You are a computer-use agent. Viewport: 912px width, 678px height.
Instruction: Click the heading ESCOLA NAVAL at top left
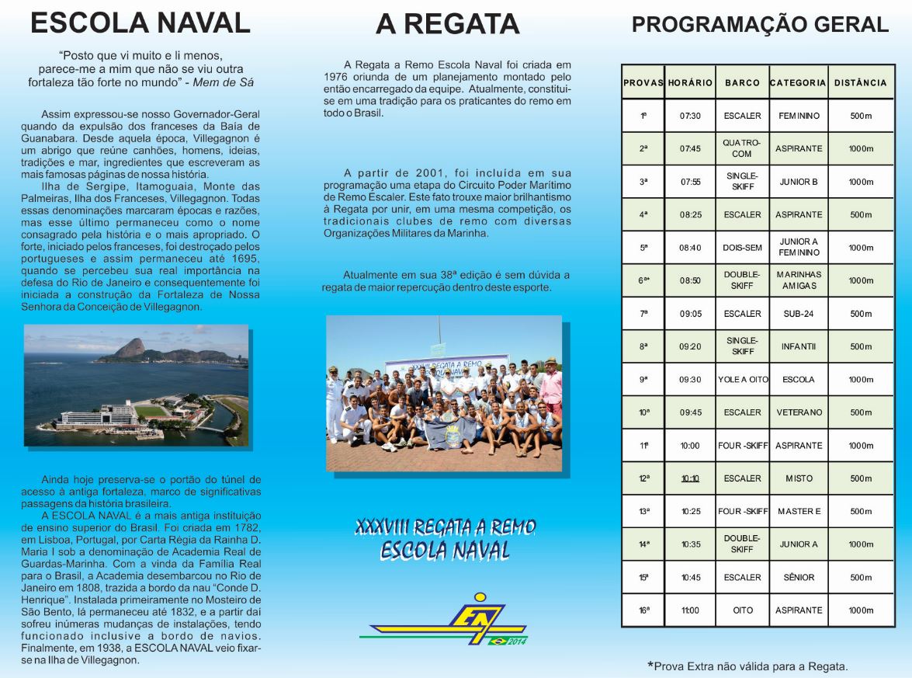click(140, 23)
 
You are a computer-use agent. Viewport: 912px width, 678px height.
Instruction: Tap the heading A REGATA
click(447, 24)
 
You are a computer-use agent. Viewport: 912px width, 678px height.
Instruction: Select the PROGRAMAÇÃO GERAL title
click(760, 25)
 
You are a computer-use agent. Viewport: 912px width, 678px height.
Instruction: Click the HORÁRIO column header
click(690, 82)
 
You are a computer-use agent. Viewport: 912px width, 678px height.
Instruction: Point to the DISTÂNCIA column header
click(860, 82)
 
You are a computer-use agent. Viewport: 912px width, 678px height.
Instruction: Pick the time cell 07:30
click(690, 116)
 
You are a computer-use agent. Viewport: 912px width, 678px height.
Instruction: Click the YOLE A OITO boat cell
click(742, 380)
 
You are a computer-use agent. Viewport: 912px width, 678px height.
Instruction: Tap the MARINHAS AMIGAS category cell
click(798, 280)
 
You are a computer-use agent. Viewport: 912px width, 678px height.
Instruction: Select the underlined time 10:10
click(690, 478)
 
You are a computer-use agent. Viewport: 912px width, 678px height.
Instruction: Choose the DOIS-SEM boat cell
click(742, 248)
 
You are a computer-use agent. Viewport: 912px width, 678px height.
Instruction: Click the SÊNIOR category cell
click(798, 578)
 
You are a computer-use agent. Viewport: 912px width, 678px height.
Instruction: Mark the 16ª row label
click(643, 610)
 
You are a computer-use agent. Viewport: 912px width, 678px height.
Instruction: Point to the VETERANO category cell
click(799, 412)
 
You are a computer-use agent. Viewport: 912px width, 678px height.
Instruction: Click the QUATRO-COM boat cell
click(742, 148)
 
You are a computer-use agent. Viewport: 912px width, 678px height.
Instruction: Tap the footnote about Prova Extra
click(747, 666)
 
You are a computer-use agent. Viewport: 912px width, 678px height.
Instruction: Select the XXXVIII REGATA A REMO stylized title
click(445, 528)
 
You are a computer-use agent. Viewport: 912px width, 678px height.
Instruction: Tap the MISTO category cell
click(799, 478)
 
